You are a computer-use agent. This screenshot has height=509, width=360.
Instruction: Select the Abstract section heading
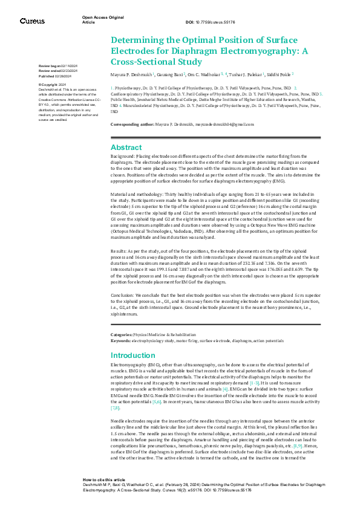(x=126, y=147)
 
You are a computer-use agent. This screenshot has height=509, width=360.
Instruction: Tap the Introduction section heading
(x=133, y=355)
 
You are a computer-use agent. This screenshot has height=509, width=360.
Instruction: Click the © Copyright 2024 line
(x=53, y=85)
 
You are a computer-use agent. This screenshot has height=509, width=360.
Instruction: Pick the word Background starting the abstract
(x=122, y=156)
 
